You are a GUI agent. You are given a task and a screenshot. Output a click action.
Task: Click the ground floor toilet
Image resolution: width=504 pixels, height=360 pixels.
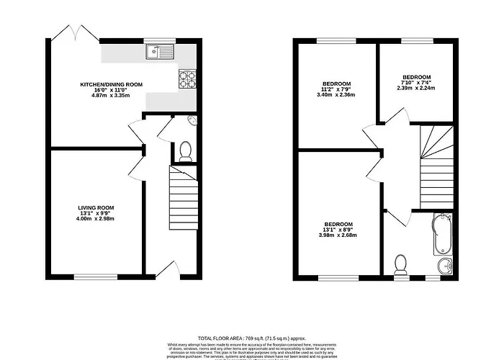tap(185, 150)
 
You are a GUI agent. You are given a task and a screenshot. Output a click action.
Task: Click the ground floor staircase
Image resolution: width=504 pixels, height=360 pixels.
tap(183, 199)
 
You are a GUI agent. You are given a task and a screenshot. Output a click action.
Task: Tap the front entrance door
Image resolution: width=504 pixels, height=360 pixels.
tap(167, 271)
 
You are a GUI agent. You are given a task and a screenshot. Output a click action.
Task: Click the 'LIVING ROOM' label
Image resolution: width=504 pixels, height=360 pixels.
tap(96, 207)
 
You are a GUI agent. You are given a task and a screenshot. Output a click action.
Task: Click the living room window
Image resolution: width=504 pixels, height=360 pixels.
tap(96, 276)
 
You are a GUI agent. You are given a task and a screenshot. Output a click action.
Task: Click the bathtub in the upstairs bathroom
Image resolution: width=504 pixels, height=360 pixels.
tap(443, 235)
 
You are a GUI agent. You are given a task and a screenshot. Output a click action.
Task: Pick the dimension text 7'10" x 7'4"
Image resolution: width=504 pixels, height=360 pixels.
tap(416, 84)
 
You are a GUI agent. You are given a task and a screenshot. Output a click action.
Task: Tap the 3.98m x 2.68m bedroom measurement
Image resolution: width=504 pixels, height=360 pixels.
tap(337, 235)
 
